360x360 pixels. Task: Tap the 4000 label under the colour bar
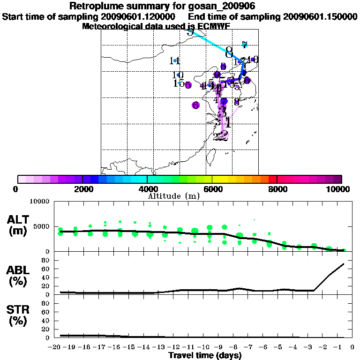[147, 189]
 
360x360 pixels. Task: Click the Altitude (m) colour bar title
[174, 196]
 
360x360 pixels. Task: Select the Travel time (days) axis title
[205, 355]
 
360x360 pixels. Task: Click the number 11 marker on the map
[175, 61]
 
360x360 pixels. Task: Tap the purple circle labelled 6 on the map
[196, 105]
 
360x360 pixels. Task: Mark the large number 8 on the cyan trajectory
[229, 51]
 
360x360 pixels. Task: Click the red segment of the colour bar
[272, 179]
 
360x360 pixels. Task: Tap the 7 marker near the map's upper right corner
[244, 45]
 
